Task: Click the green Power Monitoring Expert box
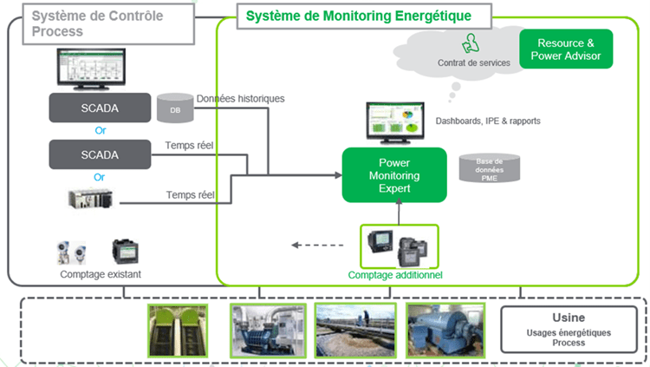(393, 175)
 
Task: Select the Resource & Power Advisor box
(566, 49)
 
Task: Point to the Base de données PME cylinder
(490, 169)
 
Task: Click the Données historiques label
(240, 99)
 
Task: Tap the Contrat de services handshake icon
(470, 42)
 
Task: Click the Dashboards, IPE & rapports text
(487, 121)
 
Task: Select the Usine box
(569, 328)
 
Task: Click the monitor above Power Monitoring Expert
(394, 123)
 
